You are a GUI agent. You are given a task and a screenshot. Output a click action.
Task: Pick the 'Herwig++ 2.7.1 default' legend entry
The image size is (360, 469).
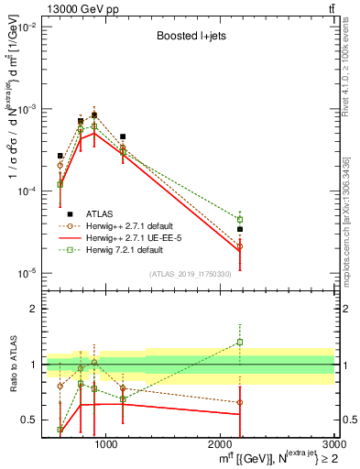click(x=134, y=225)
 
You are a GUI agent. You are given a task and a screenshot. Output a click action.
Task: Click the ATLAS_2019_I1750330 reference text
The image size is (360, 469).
click(x=190, y=273)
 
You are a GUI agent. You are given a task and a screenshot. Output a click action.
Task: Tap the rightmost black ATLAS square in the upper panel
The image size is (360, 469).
click(x=240, y=229)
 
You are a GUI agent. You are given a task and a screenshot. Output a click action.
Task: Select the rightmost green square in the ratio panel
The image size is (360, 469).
click(x=240, y=343)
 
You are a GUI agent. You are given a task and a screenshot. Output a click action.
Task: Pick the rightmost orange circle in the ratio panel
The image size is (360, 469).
click(x=240, y=402)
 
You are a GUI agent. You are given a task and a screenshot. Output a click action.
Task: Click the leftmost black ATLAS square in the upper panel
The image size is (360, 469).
click(x=60, y=156)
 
